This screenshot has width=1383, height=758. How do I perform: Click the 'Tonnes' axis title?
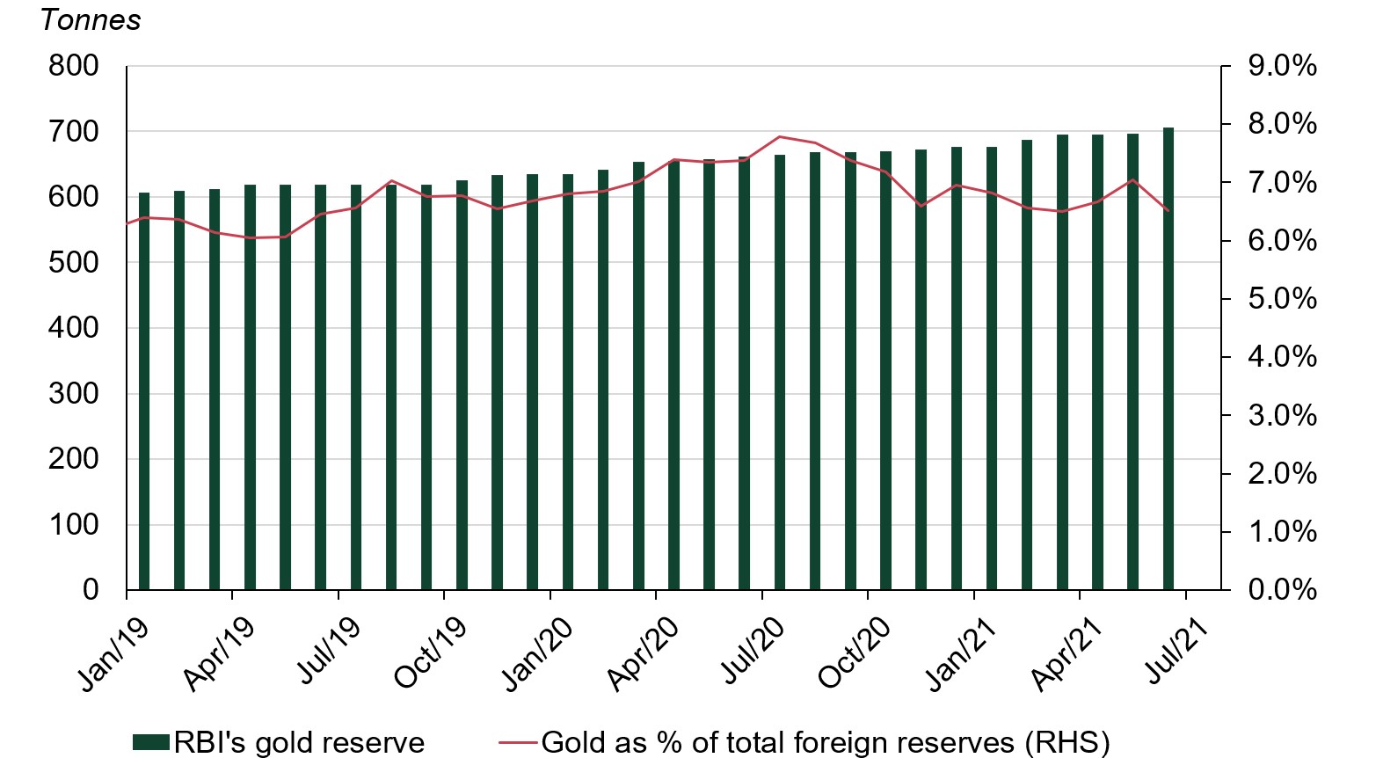point(91,19)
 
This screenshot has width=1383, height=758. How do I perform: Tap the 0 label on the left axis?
point(91,589)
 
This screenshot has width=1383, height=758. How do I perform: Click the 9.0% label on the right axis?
point(1282,66)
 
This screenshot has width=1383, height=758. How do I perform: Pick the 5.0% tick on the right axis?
point(1282,299)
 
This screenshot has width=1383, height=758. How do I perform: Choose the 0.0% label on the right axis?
point(1282,589)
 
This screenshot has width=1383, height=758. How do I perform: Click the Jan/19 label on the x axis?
point(113,654)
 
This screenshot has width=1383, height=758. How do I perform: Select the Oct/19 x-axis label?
point(430,654)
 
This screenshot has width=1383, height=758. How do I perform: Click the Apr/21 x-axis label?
point(1066,654)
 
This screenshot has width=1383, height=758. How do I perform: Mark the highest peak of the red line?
point(780,137)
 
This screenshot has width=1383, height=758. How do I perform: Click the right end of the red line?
point(1168,210)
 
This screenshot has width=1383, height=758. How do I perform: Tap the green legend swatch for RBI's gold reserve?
point(150,742)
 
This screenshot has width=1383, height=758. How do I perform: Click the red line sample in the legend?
point(518,742)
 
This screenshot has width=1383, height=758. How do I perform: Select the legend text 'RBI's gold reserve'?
point(299,742)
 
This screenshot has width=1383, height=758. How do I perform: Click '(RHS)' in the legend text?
point(1066,742)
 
